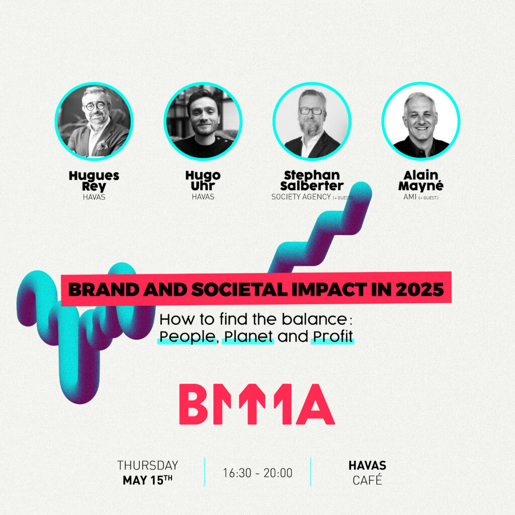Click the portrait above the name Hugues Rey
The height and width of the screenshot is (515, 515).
tap(94, 121)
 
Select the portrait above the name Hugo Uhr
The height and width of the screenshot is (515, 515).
tap(203, 121)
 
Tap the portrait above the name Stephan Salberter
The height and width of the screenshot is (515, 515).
tap(312, 121)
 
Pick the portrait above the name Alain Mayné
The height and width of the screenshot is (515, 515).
tap(421, 121)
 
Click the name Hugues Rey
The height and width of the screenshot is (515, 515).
tap(94, 181)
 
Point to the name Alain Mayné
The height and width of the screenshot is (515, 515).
tap(421, 181)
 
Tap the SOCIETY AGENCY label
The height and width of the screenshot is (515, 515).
tap(301, 197)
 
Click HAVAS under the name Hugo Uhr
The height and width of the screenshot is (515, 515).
tap(203, 197)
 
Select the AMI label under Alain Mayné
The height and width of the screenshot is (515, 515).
tap(410, 197)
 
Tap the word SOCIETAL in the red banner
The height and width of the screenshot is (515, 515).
tap(239, 289)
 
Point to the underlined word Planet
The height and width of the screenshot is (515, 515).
tap(248, 336)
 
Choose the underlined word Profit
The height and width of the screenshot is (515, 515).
tap(333, 336)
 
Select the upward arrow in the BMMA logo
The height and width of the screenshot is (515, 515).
tap(252, 404)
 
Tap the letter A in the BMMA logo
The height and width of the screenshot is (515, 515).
tap(316, 404)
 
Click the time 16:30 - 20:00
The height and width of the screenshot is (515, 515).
tap(257, 473)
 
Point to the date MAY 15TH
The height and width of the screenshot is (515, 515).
tap(147, 480)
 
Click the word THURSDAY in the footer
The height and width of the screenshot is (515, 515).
tap(147, 465)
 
